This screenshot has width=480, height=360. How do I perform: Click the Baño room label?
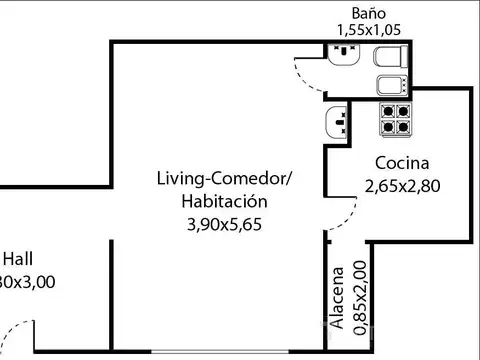coord(367,13)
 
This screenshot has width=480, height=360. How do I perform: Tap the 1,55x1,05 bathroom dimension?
coord(367,30)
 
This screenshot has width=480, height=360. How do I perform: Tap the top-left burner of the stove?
coord(387,111)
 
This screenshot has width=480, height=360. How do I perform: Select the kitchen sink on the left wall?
coord(336,124)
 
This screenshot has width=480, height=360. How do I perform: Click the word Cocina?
coord(402,164)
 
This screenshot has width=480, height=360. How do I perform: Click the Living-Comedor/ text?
coord(224,179)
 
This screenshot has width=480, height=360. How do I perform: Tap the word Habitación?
coord(224,201)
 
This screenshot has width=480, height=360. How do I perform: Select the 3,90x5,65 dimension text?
coord(224,224)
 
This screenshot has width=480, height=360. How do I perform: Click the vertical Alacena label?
coord(339,297)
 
